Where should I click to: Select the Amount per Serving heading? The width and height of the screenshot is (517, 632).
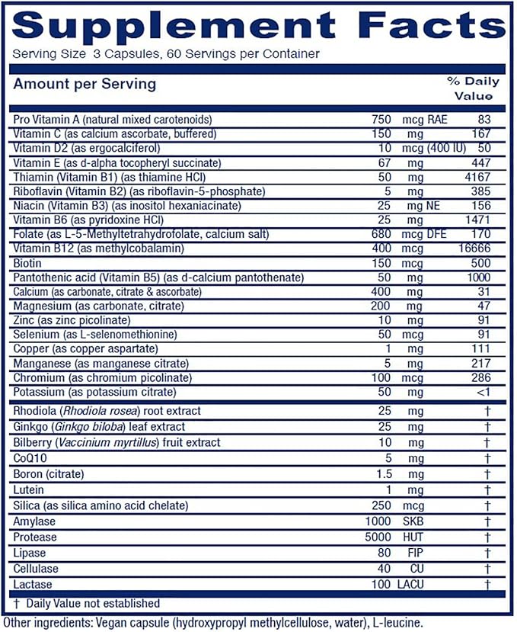[x=85, y=83]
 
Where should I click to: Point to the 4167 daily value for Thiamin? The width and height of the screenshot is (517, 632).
[x=477, y=177]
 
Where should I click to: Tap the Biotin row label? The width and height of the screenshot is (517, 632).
[x=28, y=264]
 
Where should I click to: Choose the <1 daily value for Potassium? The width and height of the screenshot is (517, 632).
[x=480, y=392]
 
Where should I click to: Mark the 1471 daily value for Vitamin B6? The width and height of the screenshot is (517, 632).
[x=477, y=220]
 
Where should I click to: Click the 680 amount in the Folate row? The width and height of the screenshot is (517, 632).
[x=381, y=235]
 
